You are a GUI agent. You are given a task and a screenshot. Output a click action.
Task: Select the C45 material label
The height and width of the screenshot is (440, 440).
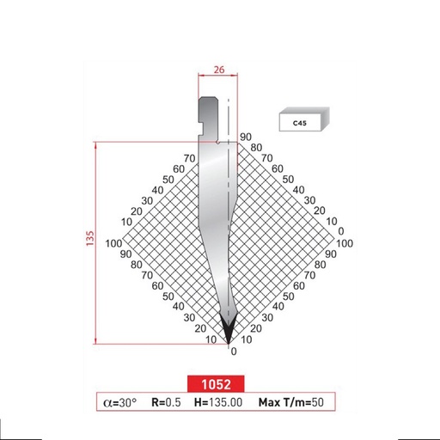299,123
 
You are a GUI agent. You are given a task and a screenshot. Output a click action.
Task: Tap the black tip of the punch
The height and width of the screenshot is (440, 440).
229,329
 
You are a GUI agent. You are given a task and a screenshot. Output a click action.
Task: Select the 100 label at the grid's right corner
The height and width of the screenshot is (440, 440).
345,244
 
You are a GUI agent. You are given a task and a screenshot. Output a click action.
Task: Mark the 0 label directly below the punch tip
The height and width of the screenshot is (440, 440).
230,351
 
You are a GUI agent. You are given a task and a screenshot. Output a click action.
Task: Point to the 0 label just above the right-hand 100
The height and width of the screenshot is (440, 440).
342,232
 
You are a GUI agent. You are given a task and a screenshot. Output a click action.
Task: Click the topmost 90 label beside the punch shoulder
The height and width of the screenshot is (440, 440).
245,137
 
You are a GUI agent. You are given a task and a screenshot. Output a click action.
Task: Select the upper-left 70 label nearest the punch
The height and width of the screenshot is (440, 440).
189,158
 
